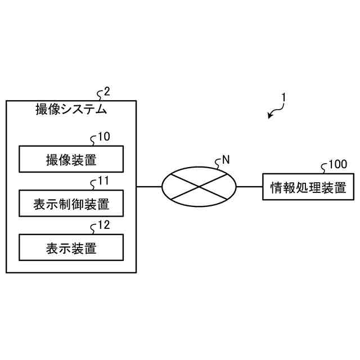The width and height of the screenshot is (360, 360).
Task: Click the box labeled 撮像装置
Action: (71, 159)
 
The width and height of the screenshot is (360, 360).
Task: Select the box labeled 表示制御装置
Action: (71, 204)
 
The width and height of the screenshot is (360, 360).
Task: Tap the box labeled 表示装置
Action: (71, 247)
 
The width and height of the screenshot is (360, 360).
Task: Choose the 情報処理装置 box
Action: (308, 187)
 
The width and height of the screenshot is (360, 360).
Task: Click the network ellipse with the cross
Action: (199, 186)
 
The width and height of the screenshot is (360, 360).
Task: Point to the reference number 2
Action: (107, 92)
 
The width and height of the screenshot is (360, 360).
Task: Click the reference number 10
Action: (104, 137)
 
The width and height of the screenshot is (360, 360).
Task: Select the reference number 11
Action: (103, 181)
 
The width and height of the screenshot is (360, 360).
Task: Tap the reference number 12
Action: (104, 226)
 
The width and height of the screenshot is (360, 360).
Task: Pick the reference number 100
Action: (337, 164)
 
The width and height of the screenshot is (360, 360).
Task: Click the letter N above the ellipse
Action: (226, 159)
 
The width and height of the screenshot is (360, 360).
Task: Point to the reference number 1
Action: (284, 97)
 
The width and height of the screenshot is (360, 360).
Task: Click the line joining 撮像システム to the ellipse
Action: (149, 186)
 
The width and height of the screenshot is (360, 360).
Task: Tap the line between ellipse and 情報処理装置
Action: (249, 186)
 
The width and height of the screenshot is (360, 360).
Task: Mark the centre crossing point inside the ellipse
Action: (199, 186)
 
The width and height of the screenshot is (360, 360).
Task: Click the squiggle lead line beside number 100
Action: (324, 167)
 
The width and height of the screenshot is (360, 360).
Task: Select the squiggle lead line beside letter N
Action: (218, 163)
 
